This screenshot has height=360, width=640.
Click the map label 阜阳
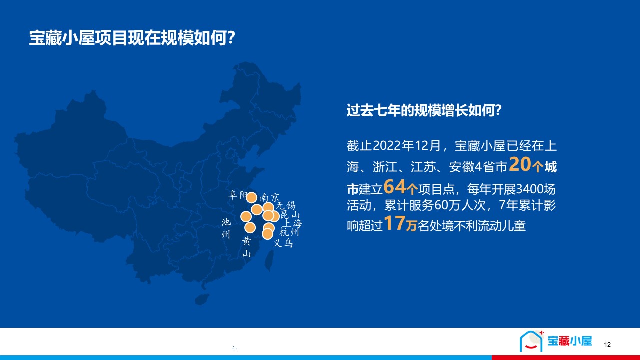[237, 195]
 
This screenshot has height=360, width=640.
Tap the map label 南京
[269, 197]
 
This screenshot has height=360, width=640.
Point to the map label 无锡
[286, 205]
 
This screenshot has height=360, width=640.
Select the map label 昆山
[290, 214]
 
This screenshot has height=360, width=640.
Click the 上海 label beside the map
[293, 223]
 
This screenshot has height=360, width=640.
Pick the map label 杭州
[289, 232]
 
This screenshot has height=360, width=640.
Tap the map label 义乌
[283, 243]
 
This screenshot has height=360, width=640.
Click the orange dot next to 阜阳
[251, 197]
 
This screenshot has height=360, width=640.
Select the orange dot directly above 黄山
[250, 228]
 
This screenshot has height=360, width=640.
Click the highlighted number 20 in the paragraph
[520, 164]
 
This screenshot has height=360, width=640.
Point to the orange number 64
[395, 187]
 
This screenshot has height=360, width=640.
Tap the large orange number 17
[395, 223]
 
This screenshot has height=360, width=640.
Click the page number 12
[607, 345]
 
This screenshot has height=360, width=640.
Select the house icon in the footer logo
[531, 341]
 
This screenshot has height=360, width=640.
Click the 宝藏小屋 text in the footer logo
[569, 341]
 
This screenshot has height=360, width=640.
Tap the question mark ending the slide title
[231, 38]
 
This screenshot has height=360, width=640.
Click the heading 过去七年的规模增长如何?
[424, 110]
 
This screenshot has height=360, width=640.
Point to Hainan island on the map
[202, 299]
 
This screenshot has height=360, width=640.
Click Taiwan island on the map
[269, 260]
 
